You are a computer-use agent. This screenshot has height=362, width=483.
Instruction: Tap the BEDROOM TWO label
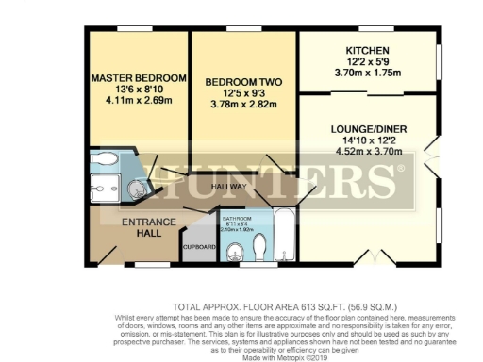tap(241, 83)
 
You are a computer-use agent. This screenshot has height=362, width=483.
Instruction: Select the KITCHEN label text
tap(367, 51)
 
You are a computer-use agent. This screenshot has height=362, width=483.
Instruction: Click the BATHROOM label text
tap(237, 218)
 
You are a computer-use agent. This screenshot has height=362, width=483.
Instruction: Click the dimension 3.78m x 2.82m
tap(241, 106)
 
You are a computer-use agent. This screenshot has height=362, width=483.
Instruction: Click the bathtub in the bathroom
tap(284, 236)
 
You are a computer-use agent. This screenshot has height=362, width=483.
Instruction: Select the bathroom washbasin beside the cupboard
tap(233, 252)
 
